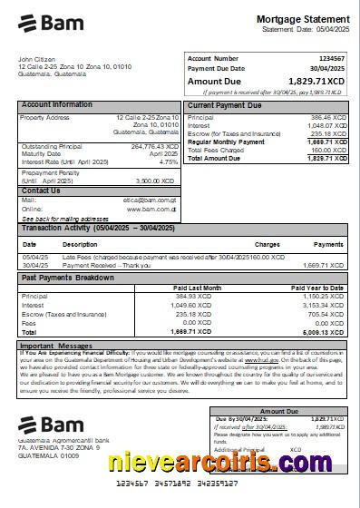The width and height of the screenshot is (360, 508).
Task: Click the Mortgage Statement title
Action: coord(302,19)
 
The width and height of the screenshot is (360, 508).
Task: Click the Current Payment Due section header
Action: coord(226,105)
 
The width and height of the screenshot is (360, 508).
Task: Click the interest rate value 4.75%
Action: coord(169,161)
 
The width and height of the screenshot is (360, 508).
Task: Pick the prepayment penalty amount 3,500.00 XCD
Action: coord(156,181)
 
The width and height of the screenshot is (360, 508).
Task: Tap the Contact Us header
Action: coord(41,190)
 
